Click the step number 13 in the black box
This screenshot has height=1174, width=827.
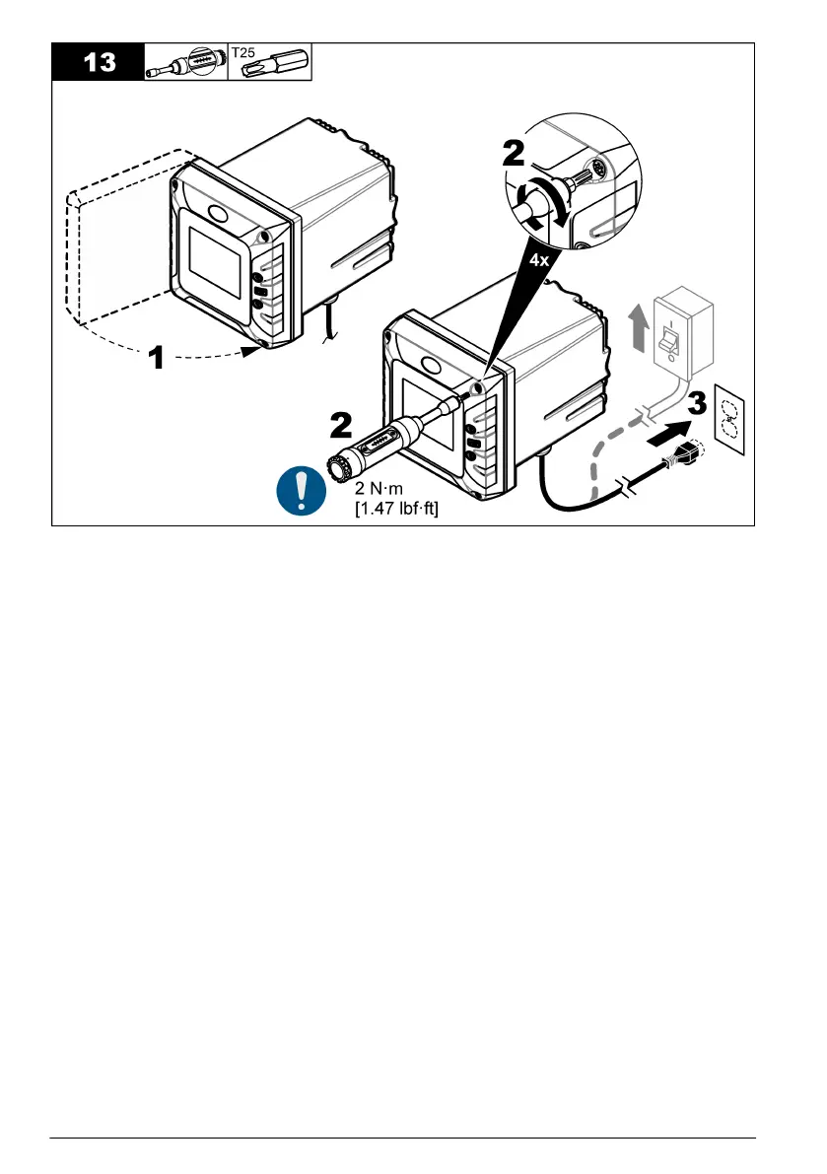(97, 63)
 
